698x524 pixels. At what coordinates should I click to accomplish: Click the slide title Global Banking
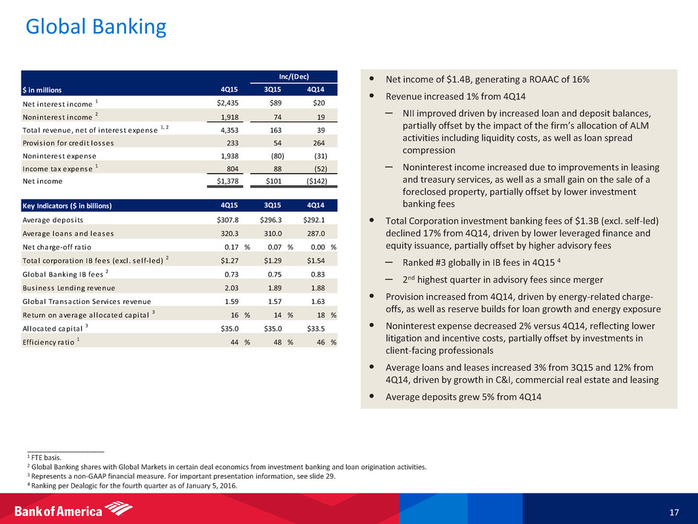click(x=96, y=28)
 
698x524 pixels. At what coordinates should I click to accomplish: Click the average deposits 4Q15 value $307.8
click(x=221, y=219)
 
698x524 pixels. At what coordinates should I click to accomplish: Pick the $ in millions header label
click(x=50, y=89)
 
